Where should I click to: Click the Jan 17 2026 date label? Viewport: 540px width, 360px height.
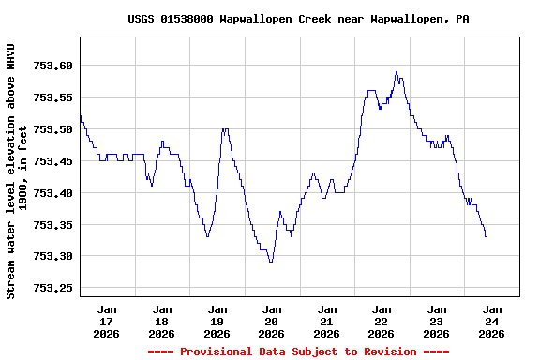tap(107, 321)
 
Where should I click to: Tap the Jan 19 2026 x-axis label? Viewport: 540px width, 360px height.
tap(217, 321)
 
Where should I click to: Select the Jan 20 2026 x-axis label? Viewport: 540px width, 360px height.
tap(272, 321)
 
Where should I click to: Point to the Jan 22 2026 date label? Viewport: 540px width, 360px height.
tap(382, 321)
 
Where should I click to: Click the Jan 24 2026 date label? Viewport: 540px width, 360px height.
tap(491, 321)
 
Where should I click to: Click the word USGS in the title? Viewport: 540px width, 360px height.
tap(142, 19)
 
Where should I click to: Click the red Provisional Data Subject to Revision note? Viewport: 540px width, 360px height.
tap(298, 352)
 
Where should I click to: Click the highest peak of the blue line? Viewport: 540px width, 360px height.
tap(397, 71)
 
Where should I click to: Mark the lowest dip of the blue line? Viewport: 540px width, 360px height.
tap(271, 261)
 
